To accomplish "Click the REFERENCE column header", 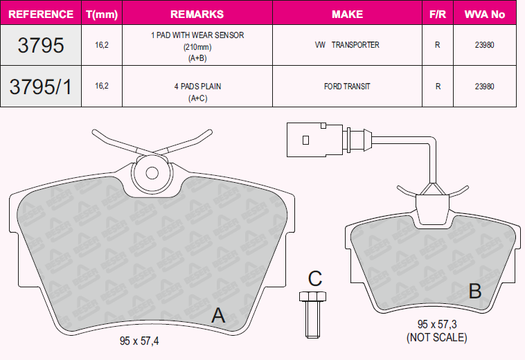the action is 40,14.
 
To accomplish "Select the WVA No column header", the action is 485,14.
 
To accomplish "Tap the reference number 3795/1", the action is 40,87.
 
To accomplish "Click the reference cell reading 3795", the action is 40,45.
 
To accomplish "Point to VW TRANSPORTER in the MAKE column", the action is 347,45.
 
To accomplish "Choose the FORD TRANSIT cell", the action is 347,87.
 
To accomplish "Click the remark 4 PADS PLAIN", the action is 197,87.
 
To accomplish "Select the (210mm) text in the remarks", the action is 197,47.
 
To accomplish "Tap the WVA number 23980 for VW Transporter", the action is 485,45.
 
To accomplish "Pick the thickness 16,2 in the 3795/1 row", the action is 102,86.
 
